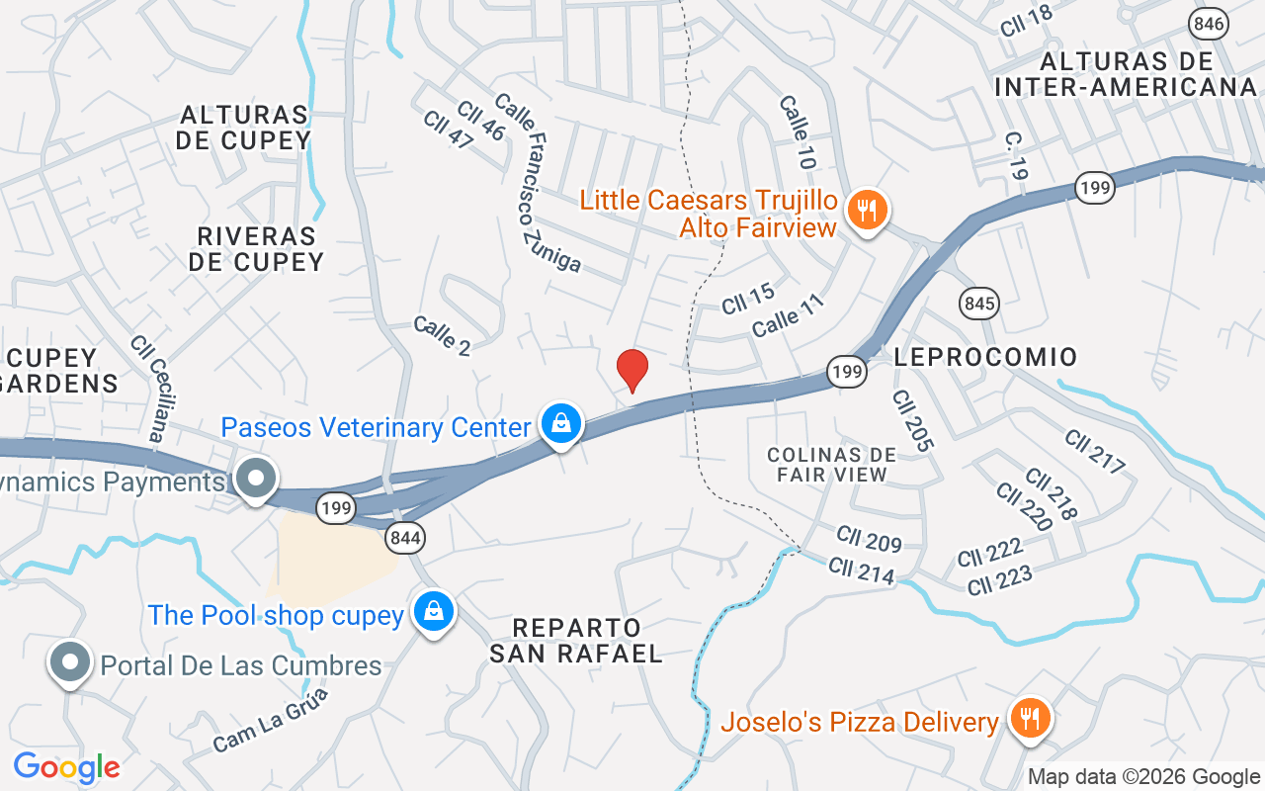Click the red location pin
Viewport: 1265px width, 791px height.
pyautogui.click(x=632, y=370)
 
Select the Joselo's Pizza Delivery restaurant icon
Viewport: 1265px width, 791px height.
pyautogui.click(x=1030, y=718)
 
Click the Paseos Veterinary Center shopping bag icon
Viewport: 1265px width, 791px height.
pyautogui.click(x=561, y=424)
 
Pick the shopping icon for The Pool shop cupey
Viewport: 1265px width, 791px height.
pyautogui.click(x=433, y=611)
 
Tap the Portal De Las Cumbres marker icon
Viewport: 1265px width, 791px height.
pyautogui.click(x=70, y=662)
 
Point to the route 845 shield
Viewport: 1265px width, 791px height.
pyautogui.click(x=978, y=303)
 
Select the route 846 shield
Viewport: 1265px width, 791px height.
pyautogui.click(x=1209, y=24)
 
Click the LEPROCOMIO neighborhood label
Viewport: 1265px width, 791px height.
pyautogui.click(x=985, y=356)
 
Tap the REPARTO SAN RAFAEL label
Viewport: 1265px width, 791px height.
pyautogui.click(x=576, y=641)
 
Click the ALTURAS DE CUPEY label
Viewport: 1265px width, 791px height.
pyautogui.click(x=243, y=128)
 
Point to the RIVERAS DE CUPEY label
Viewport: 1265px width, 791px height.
pyautogui.click(x=256, y=248)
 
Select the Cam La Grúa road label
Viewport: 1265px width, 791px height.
pyautogui.click(x=270, y=720)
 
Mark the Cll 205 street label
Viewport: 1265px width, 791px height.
pyautogui.click(x=911, y=420)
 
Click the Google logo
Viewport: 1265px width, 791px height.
pyautogui.click(x=66, y=767)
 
